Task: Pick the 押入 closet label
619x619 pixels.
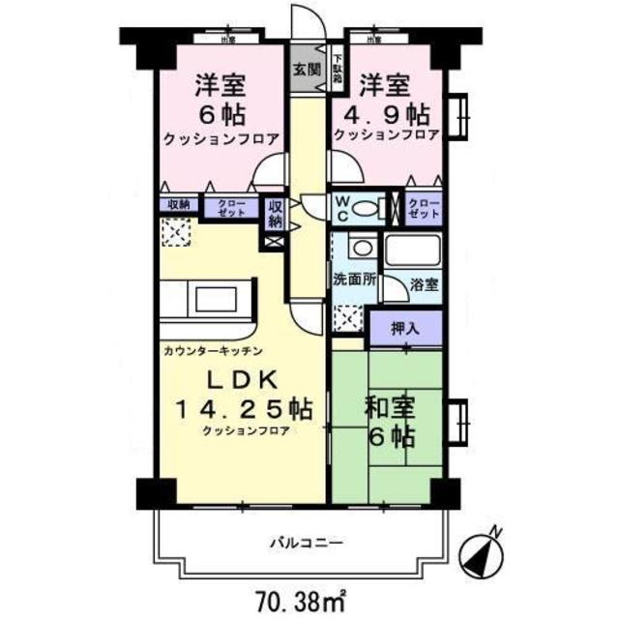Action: click(x=405, y=329)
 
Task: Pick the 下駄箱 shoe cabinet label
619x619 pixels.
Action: click(x=338, y=70)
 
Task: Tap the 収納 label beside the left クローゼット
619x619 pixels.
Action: click(x=179, y=205)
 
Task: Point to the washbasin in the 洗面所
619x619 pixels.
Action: click(x=362, y=249)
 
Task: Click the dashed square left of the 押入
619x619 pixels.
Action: click(x=348, y=318)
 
